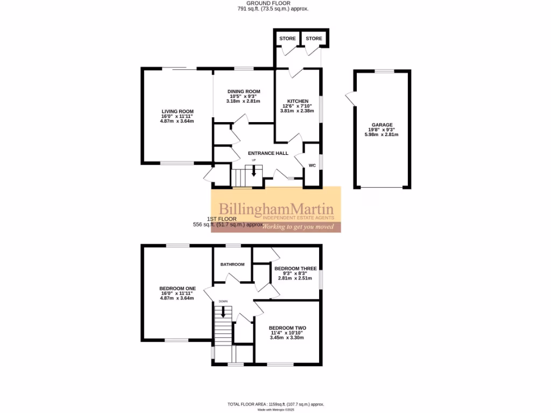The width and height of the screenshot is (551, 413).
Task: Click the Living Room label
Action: [x=176, y=111]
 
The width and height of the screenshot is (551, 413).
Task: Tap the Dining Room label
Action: [x=243, y=91]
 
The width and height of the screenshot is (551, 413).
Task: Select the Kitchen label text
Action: [x=298, y=101]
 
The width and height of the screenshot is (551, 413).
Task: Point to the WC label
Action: [x=312, y=166]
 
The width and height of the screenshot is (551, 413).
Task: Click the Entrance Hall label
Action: [x=268, y=153]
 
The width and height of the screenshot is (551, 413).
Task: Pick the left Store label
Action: [x=286, y=39]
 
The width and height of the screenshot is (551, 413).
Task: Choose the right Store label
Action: [x=314, y=39]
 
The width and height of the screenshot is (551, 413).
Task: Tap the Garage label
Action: [x=382, y=125]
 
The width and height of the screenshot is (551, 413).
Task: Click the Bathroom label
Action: [x=232, y=264]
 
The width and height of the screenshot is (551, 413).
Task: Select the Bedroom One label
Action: [x=177, y=289]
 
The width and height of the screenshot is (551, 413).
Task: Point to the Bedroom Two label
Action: [x=287, y=328]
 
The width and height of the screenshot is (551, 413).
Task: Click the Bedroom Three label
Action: [x=295, y=268]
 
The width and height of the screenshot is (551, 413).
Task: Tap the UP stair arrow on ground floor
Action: [x=254, y=172]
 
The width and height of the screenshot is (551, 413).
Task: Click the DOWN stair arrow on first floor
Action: [x=222, y=311]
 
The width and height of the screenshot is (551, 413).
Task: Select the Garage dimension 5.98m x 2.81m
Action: [x=382, y=134]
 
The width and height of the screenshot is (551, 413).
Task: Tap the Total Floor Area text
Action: [x=276, y=404]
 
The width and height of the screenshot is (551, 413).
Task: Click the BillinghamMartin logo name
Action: [x=276, y=209]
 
